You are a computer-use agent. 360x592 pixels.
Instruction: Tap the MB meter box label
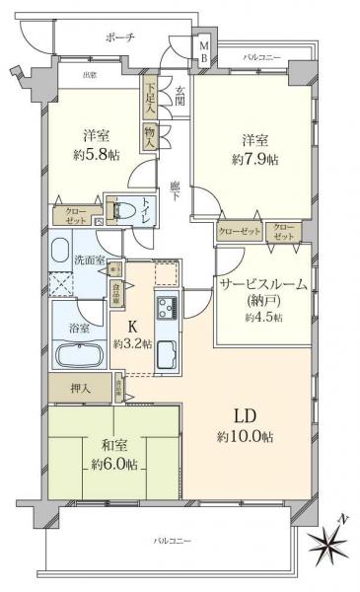(x=203, y=52)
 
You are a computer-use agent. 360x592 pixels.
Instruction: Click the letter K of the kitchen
(x=130, y=329)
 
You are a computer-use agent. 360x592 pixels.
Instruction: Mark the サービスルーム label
(x=262, y=284)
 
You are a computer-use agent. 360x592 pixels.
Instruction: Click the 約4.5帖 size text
(x=263, y=317)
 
